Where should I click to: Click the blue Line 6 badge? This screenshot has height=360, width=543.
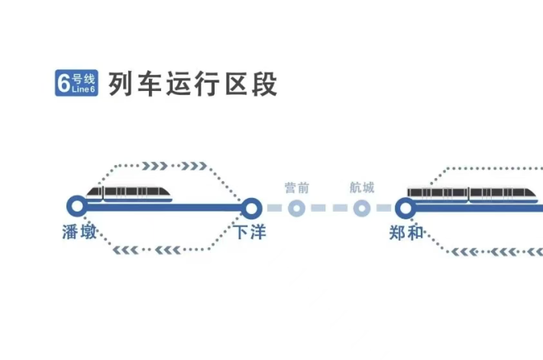click(76, 83)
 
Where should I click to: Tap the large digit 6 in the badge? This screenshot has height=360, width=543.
click(63, 83)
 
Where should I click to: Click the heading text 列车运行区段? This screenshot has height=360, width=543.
click(193, 83)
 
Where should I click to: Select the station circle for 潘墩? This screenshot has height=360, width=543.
click(77, 206)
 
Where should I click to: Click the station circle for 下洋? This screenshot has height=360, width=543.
click(251, 208)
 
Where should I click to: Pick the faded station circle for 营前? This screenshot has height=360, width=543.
click(296, 208)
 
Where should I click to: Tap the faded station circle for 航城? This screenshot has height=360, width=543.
click(362, 208)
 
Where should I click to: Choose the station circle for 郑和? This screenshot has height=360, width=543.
click(406, 208)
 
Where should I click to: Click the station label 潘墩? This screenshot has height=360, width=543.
click(79, 232)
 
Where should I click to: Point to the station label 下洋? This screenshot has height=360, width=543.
click(250, 232)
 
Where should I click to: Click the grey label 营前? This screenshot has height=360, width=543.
click(297, 188)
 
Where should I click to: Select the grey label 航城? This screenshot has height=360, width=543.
click(362, 187)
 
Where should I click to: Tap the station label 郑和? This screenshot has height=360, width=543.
click(406, 232)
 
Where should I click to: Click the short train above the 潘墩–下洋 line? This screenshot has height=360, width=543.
click(129, 194)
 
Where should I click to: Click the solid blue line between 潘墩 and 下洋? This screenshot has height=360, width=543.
click(164, 208)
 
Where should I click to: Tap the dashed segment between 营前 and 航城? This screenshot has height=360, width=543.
click(329, 208)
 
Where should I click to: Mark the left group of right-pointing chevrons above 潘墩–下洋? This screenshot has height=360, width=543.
click(155, 166)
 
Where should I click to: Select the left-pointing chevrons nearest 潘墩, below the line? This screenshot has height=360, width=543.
click(126, 250)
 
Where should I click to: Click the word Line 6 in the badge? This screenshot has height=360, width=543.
click(83, 89)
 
